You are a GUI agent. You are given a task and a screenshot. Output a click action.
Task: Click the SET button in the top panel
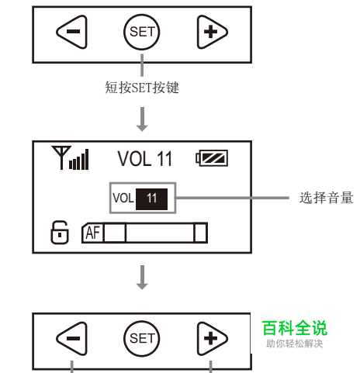tap(141, 32)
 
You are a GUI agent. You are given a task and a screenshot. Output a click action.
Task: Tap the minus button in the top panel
tap(73, 32)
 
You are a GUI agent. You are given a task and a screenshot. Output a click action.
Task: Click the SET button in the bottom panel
tap(141, 338)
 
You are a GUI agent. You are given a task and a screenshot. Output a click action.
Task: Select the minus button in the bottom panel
tap(73, 338)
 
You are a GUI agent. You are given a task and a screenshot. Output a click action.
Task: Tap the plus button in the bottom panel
tap(212, 338)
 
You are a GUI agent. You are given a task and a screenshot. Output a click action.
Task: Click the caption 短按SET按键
tap(142, 88)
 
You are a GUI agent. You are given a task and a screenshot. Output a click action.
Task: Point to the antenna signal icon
tap(70, 157)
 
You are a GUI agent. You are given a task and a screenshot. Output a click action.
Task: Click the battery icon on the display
tap(212, 158)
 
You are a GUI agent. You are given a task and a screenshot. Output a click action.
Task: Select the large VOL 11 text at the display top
tap(145, 158)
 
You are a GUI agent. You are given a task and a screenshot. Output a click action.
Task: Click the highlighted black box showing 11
tap(151, 199)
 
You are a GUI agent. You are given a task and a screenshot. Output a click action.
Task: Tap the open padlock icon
tap(60, 232)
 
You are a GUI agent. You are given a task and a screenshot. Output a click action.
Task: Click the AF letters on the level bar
tap(93, 233)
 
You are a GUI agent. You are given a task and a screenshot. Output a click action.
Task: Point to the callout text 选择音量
tap(327, 198)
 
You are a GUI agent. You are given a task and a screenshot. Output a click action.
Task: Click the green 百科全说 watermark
tap(295, 328)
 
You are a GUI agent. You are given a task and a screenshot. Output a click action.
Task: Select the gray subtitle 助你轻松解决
tap(295, 344)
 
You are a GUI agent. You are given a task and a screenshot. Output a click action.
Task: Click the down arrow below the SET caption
tap(142, 119)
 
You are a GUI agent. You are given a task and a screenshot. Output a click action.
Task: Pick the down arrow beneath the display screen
tap(142, 277)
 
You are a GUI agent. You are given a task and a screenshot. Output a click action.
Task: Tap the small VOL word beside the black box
tap(123, 199)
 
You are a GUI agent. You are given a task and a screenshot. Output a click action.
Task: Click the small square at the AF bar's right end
tap(200, 233)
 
